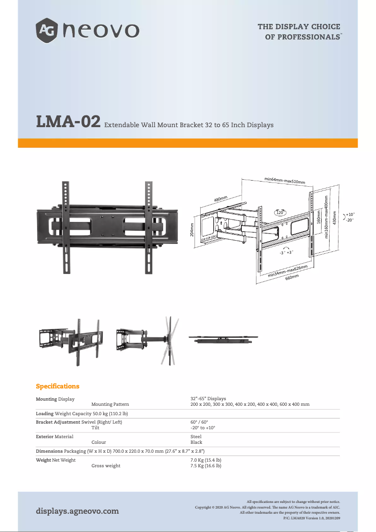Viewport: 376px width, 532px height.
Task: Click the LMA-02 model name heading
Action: click(68, 122)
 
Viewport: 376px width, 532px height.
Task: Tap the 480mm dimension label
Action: click(220, 199)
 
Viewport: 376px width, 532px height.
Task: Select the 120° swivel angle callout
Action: click(281, 213)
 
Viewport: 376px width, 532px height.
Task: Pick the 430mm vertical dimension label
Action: click(334, 217)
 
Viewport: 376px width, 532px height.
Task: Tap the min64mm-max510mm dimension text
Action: click(285, 180)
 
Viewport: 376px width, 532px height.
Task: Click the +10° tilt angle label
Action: click(350, 214)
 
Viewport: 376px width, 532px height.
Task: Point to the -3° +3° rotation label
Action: click(286, 252)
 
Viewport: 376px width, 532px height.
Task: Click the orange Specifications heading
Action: click(58, 386)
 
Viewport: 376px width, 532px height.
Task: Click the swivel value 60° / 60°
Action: click(199, 422)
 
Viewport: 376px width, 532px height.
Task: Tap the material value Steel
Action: click(196, 437)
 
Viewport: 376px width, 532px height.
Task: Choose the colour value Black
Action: click(196, 442)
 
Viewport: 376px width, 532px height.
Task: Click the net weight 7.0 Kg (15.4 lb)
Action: click(206, 460)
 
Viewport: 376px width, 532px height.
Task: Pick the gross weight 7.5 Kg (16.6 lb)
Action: click(206, 466)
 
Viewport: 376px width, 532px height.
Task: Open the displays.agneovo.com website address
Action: click(77, 511)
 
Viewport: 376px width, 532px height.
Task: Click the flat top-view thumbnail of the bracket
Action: click(223, 339)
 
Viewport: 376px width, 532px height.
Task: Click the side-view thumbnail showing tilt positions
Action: click(147, 340)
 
